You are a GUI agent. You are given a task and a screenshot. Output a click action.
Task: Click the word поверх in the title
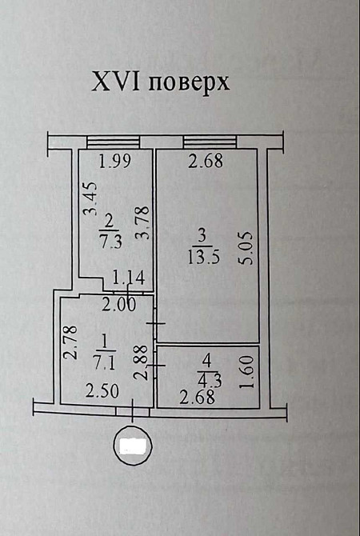(189, 84)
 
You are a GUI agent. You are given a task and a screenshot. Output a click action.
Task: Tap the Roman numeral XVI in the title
(116, 82)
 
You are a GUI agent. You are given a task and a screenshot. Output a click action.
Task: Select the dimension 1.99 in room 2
(115, 162)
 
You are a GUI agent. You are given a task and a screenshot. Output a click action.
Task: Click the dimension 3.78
(143, 222)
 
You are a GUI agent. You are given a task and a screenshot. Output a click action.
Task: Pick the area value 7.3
(110, 242)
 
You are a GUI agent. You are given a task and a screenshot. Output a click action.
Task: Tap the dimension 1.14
(129, 278)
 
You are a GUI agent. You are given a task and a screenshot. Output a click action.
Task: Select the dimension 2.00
(119, 304)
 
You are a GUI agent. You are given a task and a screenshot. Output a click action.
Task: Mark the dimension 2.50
(102, 391)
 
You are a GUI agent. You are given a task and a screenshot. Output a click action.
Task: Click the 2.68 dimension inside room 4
(198, 398)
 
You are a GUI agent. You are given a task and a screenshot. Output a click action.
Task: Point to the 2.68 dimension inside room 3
(206, 161)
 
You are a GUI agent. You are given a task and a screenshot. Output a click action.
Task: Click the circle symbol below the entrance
(134, 445)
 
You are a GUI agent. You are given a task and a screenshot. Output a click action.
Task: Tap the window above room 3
(210, 142)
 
